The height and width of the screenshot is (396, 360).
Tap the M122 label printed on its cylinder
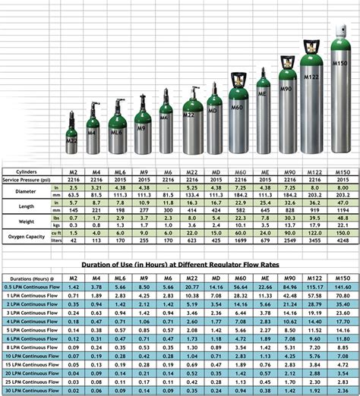coord(311,78)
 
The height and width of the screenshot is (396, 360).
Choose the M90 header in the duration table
coord(289,278)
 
